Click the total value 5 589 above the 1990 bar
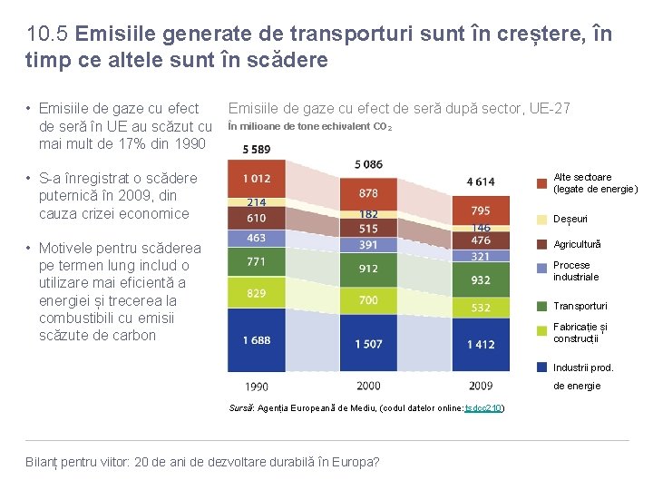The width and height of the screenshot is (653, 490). point(256,149)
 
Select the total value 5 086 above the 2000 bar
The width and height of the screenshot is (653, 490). point(368,164)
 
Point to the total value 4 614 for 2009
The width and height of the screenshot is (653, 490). point(481,181)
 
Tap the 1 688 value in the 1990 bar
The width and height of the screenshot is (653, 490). point(256,340)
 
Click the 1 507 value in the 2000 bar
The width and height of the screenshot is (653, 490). point(368,344)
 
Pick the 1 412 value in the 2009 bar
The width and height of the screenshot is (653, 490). point(481,345)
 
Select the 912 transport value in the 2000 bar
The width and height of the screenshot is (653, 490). point(368,269)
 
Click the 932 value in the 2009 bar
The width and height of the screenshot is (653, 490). point(481,280)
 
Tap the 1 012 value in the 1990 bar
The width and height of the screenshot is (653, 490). point(256,180)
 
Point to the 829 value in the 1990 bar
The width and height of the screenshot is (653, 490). point(256,292)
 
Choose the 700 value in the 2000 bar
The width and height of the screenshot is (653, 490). point(368,299)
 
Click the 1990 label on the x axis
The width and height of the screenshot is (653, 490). point(256,387)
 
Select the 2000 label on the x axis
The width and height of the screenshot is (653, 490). point(368,387)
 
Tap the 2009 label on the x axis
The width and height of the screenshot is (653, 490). point(481,387)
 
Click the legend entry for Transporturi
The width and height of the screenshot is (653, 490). point(580,307)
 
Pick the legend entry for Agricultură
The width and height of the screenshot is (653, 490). point(577,245)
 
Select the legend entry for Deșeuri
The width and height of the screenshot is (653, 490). point(570,220)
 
